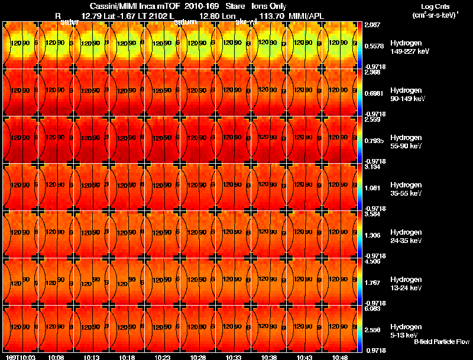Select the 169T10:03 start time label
pyautogui.click(x=20, y=357)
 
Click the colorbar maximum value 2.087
pyautogui.click(x=373, y=24)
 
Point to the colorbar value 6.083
pyautogui.click(x=373, y=309)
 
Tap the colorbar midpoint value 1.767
pyautogui.click(x=373, y=283)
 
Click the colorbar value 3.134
pyautogui.click(x=373, y=167)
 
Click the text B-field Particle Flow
pyautogui.click(x=442, y=342)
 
